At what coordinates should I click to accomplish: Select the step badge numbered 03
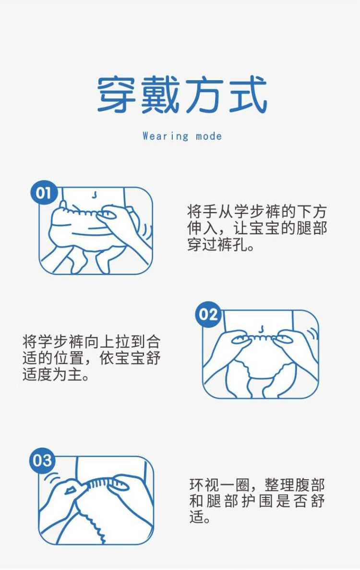pyautogui.click(x=43, y=461)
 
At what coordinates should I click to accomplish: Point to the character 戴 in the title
pyautogui.click(x=160, y=95)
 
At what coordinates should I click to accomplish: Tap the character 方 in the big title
pyautogui.click(x=204, y=95)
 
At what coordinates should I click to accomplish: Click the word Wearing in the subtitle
pyautogui.click(x=166, y=136)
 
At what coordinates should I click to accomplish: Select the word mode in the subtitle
pyautogui.click(x=209, y=137)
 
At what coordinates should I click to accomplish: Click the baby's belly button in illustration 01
pyautogui.click(x=95, y=195)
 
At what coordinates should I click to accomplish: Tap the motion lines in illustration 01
pyautogui.click(x=147, y=232)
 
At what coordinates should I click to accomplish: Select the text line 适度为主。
pyautogui.click(x=57, y=375)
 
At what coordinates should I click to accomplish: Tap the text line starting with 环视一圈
pyautogui.click(x=257, y=485)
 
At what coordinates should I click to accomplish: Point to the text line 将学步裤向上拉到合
pyautogui.click(x=92, y=342)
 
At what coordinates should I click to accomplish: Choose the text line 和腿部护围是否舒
pyautogui.click(x=257, y=501)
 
